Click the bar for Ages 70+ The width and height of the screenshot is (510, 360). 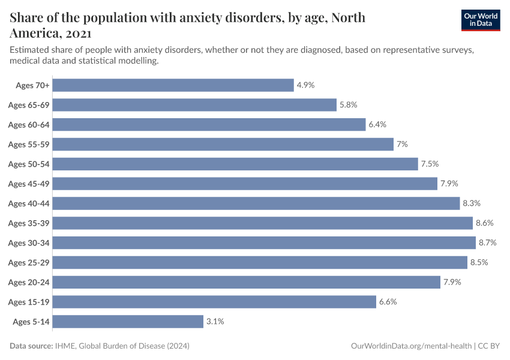click(173, 85)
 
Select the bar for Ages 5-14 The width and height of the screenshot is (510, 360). click(128, 322)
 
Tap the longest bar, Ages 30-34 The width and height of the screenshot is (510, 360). click(264, 243)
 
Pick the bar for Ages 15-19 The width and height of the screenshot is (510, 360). click(214, 302)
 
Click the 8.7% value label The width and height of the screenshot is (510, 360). click(487, 243)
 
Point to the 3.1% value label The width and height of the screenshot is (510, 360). click(215, 322)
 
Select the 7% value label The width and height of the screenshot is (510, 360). click(402, 144)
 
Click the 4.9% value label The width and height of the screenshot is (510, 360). click(305, 85)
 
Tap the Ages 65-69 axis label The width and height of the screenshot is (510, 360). click(28, 105)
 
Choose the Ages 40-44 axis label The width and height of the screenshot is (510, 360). click(28, 203)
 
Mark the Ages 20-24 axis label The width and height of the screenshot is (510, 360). click(28, 282)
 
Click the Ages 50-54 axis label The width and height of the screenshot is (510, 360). click(28, 164)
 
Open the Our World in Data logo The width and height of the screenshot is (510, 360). click(480, 20)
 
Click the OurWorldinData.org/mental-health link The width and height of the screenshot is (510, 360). click(410, 346)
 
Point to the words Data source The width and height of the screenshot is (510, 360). click(31, 346)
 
